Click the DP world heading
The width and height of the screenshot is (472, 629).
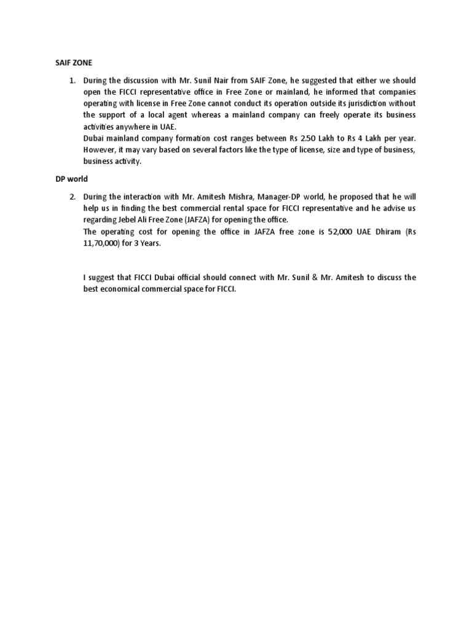(65, 179)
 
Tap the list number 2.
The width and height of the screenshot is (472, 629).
(72, 197)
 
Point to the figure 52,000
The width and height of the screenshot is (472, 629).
(328, 232)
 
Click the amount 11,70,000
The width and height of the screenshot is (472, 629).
(103, 243)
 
